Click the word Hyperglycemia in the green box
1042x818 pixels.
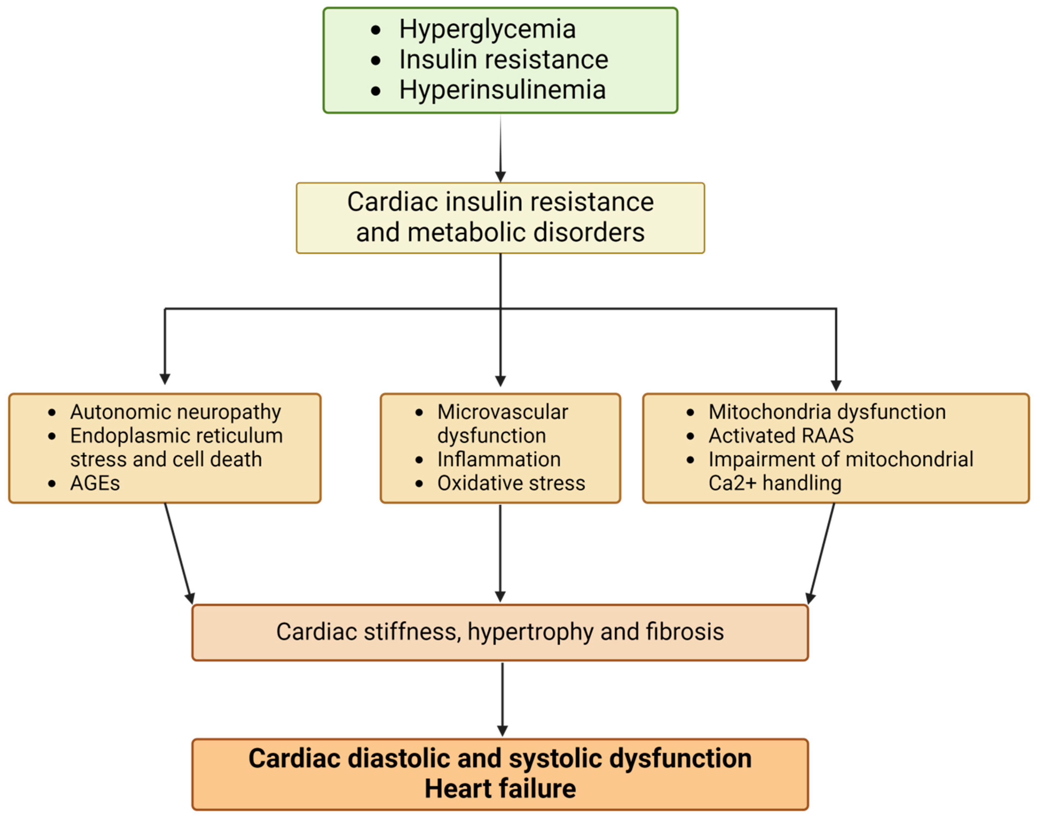487,30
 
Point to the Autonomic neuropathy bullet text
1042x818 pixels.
175,412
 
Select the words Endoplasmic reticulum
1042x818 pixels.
176,436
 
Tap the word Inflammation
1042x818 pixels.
499,460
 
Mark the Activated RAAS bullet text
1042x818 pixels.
781,436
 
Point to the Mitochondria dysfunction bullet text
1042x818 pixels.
827,412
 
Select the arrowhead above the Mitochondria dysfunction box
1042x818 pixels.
836,385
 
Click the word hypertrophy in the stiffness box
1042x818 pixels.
530,632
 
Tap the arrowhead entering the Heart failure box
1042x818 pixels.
502,731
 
